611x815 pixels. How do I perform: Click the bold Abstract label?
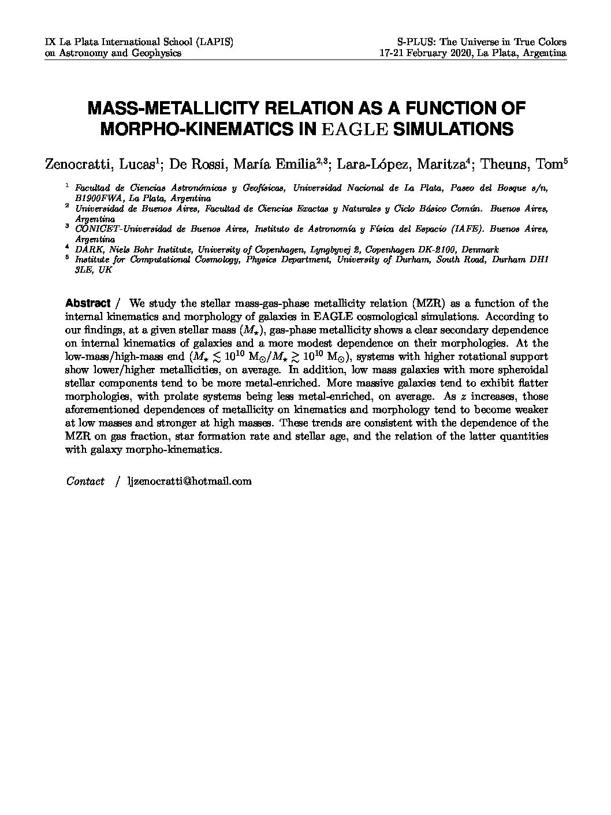point(88,303)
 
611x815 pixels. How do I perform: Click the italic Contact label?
point(85,481)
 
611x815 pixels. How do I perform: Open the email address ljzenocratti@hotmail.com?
point(189,481)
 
